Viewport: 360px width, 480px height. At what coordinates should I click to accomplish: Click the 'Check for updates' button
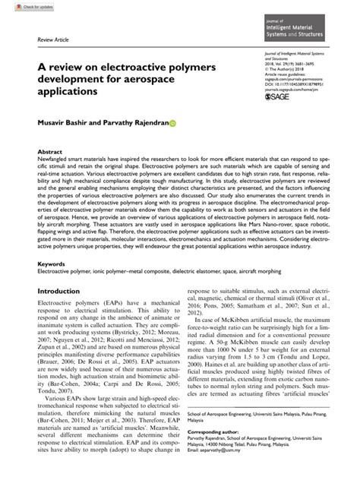(x=23, y=5)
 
